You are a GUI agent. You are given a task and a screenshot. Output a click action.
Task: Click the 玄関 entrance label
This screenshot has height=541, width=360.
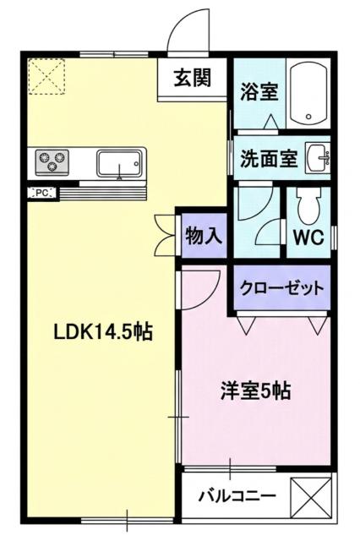coord(193,79)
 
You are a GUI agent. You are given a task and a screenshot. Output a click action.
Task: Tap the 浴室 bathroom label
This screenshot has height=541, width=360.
coord(259,92)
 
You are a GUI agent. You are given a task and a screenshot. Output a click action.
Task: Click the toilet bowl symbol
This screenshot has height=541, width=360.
coord(308,204)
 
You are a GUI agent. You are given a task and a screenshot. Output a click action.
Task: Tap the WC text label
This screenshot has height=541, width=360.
coord(308,238)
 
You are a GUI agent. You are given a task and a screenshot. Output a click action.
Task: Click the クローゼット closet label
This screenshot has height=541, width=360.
coord(282,288)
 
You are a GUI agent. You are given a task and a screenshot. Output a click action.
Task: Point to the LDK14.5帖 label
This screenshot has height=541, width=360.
coord(91,333)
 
